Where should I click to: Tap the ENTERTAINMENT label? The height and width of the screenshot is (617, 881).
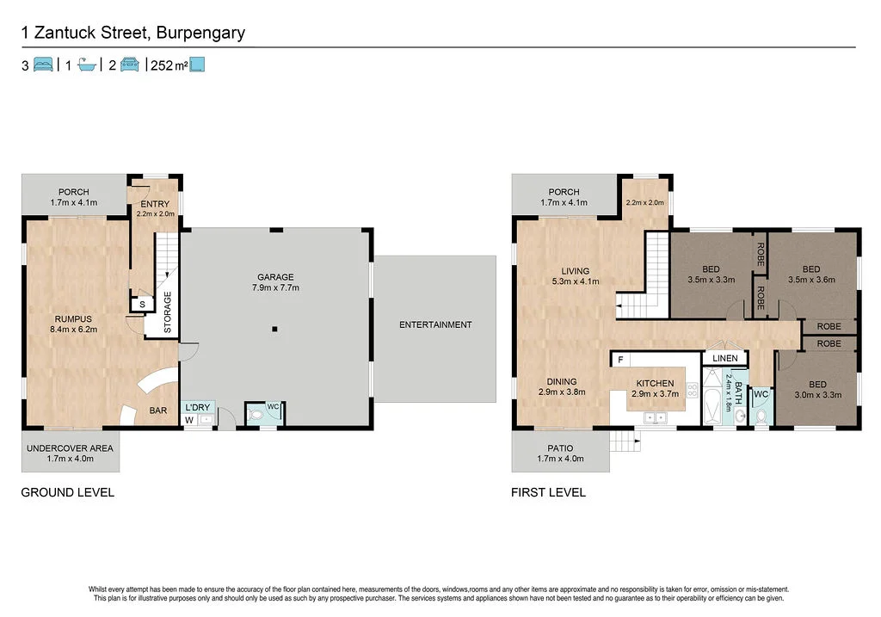click(x=435, y=324)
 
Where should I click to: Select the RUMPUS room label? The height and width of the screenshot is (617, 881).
click(x=71, y=318)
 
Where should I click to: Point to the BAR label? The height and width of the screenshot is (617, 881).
click(x=158, y=410)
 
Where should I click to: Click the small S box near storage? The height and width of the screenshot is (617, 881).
click(x=141, y=304)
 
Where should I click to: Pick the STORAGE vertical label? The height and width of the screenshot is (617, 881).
click(x=168, y=312)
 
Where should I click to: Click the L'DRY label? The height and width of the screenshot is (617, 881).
click(x=196, y=407)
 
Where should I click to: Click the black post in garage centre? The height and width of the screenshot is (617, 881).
click(x=274, y=329)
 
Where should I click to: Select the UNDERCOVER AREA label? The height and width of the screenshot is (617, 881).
click(x=70, y=448)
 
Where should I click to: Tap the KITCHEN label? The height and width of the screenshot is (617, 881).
click(x=655, y=383)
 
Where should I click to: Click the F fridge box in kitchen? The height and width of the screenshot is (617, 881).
click(x=619, y=359)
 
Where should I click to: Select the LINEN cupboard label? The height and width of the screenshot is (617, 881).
click(x=724, y=358)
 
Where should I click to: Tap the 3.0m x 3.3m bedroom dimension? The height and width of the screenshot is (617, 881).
click(x=816, y=395)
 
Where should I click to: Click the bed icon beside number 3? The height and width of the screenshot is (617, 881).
click(x=44, y=65)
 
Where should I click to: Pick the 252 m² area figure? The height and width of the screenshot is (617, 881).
click(x=169, y=65)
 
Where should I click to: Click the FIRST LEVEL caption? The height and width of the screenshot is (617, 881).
click(x=547, y=493)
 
